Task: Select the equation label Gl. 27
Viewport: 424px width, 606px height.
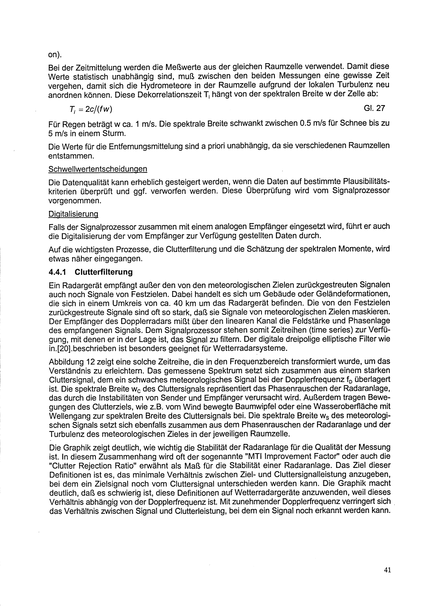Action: [x=374, y=108]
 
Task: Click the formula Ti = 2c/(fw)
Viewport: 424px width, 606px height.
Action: [x=90, y=109]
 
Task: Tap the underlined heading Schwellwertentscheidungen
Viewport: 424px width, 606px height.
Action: [x=98, y=169]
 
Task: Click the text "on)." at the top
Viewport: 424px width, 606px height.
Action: [x=55, y=55]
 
